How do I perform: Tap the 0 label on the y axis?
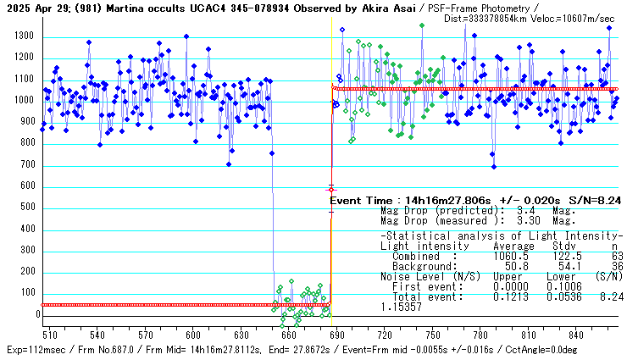[x=36, y=315]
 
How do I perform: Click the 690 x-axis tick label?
[x=337, y=334]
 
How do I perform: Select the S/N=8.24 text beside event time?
[x=595, y=201]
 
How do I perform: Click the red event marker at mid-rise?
[x=331, y=190]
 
